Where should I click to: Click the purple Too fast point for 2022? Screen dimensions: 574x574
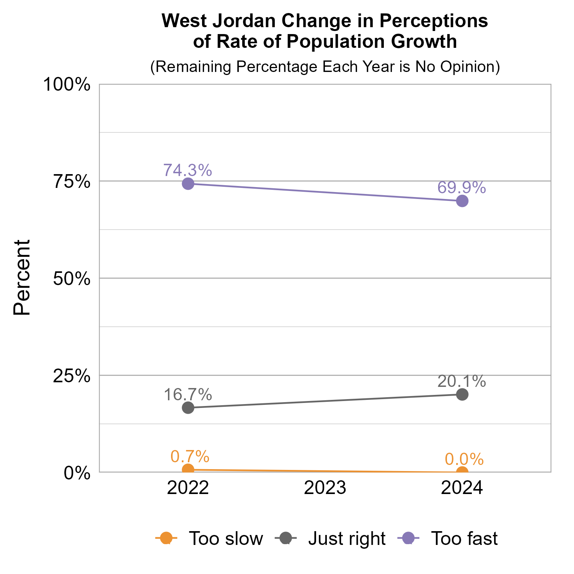tap(188, 184)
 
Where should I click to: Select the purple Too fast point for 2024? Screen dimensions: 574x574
tap(462, 201)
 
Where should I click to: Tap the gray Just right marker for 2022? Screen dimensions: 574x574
tap(188, 408)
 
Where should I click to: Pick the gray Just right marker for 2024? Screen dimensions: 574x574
tap(462, 395)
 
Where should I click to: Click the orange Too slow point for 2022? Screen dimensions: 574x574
tap(188, 470)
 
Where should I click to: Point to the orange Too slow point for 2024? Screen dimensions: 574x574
tap(462, 472)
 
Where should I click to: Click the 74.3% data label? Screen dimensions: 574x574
tap(188, 170)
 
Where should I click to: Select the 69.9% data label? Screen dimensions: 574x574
tap(462, 188)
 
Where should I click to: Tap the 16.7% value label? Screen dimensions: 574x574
tap(188, 395)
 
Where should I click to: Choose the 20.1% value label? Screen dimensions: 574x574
tap(462, 381)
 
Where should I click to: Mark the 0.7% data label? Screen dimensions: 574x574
tap(190, 456)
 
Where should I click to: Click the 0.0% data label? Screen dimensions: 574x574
tap(464, 459)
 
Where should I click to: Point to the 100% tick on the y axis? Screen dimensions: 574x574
tap(67, 85)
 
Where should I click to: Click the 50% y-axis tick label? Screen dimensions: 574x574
tap(72, 279)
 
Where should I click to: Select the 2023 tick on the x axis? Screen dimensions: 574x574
tap(325, 489)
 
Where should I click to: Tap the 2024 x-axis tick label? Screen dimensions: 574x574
tap(462, 489)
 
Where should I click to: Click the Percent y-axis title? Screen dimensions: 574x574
tap(22, 278)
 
